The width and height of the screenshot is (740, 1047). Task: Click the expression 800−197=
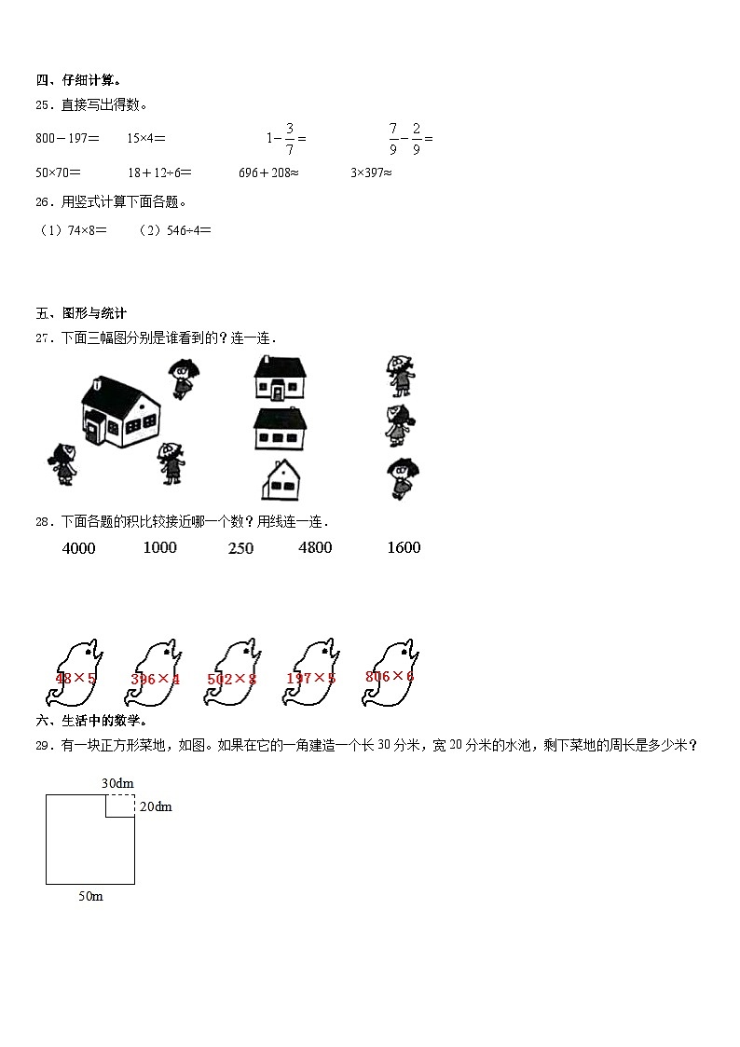coord(67,138)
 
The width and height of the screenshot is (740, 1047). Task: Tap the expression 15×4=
coord(146,138)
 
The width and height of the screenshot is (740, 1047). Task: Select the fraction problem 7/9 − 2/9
coord(410,138)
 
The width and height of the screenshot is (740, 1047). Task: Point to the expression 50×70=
coord(59,172)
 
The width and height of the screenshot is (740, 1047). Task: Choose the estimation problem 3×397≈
coord(371,172)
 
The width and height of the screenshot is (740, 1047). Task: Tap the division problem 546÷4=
coord(176,230)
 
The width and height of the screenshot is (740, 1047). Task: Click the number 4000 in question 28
coord(78,548)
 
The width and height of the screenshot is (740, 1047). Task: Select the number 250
coord(240,548)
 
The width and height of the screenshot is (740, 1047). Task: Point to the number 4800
coord(315,547)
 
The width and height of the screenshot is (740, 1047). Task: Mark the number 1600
coord(404,547)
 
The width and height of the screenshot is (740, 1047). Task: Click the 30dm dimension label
coord(116,782)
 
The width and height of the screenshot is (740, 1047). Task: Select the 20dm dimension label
coord(156,806)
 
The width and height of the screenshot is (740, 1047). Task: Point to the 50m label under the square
coord(90,896)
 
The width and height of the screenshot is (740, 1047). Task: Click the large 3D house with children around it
coord(121,409)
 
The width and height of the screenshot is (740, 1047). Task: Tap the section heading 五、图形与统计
coord(81,313)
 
